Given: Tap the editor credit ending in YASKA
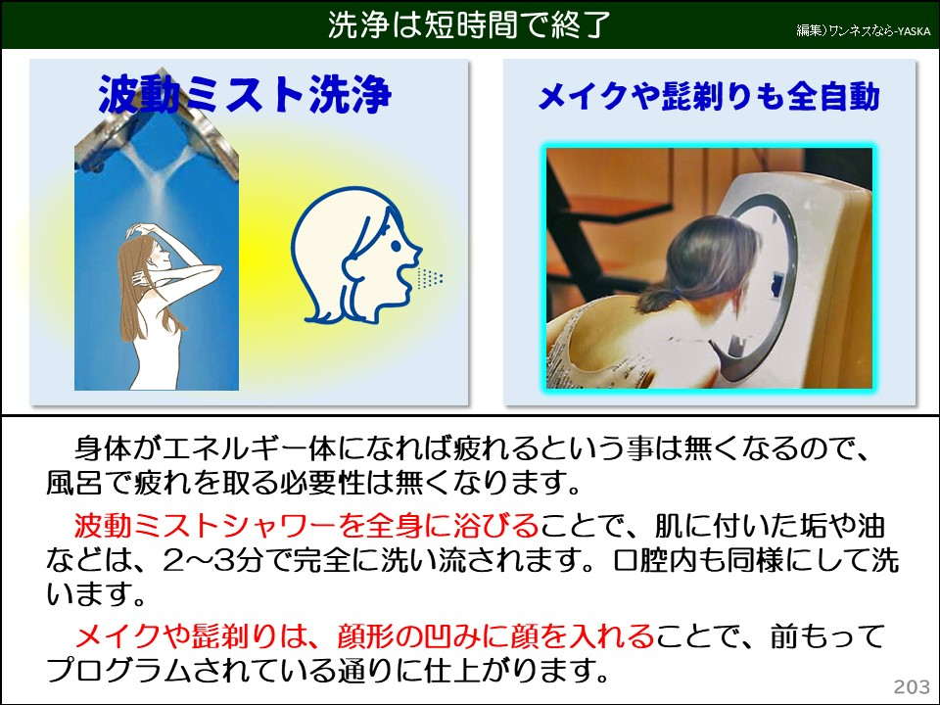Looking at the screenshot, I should tap(863, 31).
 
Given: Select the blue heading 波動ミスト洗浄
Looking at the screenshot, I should tap(245, 95).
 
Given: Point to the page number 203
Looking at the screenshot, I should tap(911, 686).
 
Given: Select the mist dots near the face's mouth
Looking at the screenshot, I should tap(429, 279).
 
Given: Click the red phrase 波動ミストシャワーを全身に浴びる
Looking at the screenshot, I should tap(307, 527).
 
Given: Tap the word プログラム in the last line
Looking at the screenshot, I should tap(128, 671).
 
